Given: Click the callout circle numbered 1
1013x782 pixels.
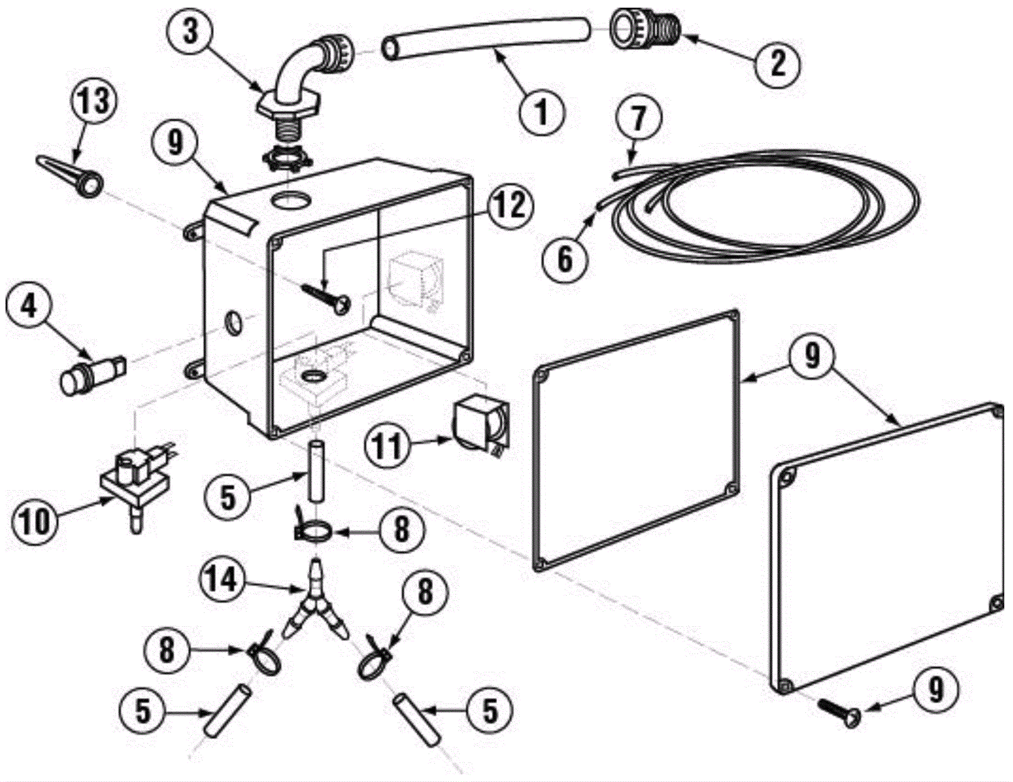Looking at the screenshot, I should click(541, 111).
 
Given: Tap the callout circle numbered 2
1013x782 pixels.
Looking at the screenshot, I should click(777, 63).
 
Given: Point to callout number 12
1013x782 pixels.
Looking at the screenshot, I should click(510, 206).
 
